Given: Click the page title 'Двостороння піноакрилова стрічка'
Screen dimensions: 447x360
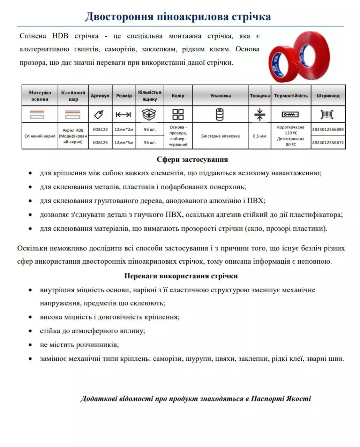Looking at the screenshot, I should point(178,16).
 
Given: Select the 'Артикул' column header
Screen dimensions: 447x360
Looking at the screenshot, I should point(100,96).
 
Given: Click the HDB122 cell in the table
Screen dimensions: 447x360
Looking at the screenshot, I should point(100,129).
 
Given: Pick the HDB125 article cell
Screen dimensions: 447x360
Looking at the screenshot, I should point(100,142).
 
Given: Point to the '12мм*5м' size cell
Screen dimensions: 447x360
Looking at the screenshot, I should point(124,142).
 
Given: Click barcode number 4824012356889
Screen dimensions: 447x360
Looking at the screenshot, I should point(328,129).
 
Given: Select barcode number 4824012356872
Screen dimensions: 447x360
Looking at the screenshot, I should point(328,142).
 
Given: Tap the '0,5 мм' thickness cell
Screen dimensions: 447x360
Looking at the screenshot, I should point(260,136).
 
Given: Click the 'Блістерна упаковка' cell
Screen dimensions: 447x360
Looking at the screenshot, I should point(220,136).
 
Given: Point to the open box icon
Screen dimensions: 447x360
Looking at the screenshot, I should point(149,114).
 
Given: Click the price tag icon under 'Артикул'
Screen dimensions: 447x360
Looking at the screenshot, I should point(100,114).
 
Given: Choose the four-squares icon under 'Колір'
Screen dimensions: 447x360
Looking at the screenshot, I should point(178,114).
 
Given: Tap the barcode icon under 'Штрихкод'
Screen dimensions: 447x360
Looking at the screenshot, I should point(327,114).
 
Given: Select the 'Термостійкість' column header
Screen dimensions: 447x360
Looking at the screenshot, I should point(291,96).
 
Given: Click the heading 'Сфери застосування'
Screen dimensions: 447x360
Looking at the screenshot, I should point(192,160).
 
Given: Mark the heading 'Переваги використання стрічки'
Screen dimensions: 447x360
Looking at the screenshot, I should point(181,276).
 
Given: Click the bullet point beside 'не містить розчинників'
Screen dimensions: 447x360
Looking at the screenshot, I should point(31,345).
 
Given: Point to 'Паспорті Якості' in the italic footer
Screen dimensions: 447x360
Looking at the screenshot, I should point(281,398).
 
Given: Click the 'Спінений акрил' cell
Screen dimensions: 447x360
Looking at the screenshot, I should point(40,136).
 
